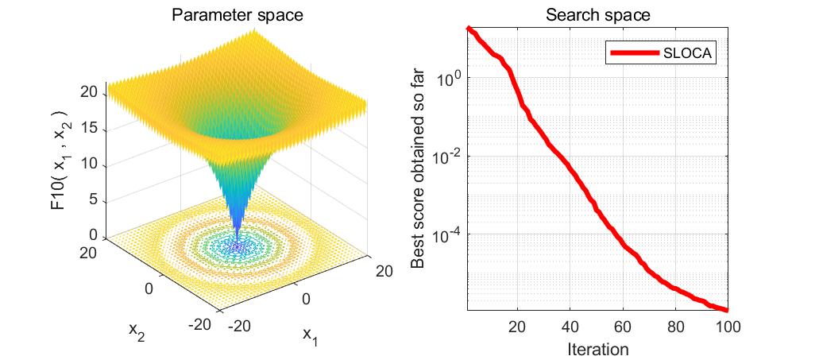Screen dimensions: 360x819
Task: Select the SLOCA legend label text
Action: [x=689, y=53]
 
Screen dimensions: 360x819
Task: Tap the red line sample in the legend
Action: [x=634, y=53]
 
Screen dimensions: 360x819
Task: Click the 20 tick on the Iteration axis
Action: [x=517, y=326]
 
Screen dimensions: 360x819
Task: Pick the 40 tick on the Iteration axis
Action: [x=570, y=326]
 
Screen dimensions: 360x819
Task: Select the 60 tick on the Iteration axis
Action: [x=623, y=326]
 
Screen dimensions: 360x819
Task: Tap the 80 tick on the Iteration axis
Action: [x=675, y=326]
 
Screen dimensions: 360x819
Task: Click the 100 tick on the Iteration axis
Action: [x=728, y=326]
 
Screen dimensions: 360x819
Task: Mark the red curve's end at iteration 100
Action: [x=727, y=309]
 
